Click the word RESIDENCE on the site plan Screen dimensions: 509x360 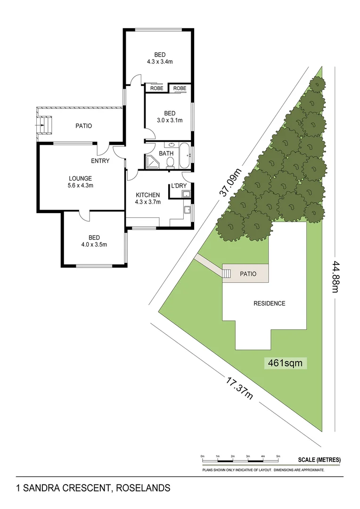270,304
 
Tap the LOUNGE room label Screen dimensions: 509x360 80,178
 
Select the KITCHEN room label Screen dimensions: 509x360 148,195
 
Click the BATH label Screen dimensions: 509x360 166,154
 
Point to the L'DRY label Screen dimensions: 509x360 179,186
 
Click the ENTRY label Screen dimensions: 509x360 100,161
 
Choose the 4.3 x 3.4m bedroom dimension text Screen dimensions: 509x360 158,61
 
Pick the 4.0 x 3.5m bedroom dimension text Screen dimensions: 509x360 94,244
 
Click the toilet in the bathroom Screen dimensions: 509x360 171,163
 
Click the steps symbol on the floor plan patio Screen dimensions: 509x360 45,126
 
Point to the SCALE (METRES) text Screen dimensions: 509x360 319,460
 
